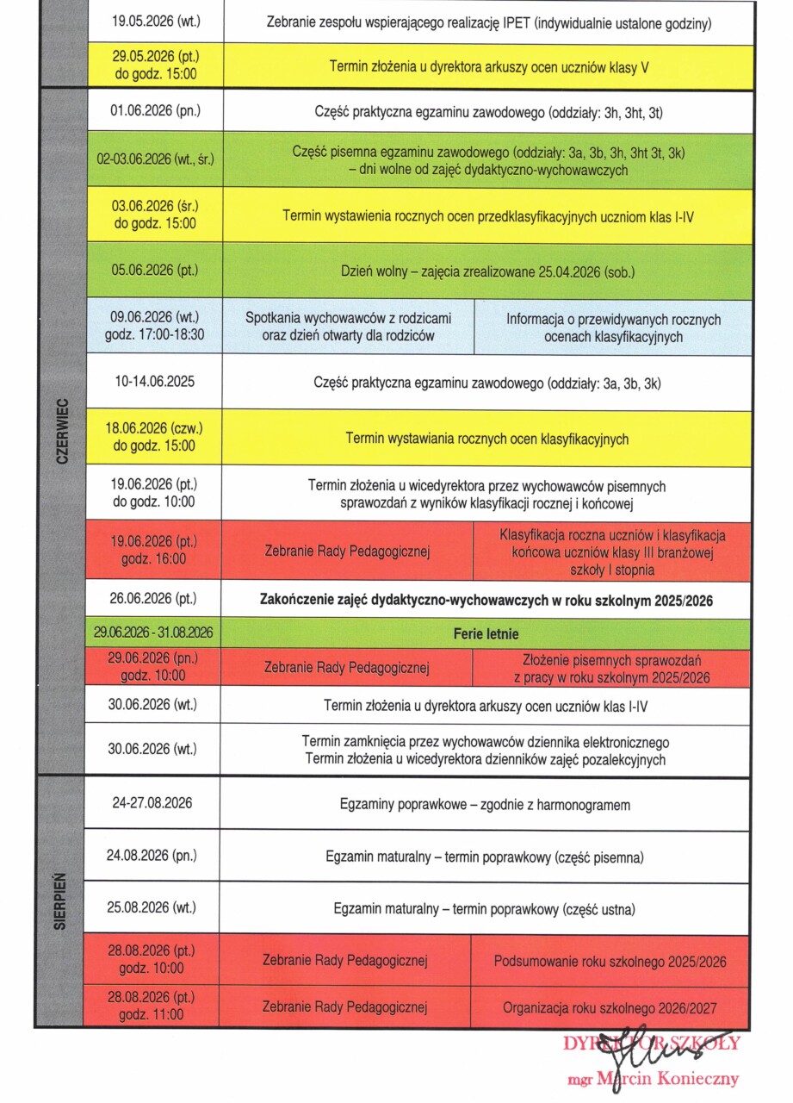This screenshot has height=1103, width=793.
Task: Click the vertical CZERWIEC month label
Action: coord(61,431)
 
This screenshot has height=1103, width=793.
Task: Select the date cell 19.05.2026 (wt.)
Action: coord(155,21)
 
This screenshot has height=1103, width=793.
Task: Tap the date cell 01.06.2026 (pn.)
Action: coord(154,111)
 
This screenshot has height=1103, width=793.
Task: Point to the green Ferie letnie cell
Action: coord(486,634)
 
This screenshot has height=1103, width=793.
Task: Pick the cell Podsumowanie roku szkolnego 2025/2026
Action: coord(610,961)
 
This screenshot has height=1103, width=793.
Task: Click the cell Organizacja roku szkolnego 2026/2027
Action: coord(610,1007)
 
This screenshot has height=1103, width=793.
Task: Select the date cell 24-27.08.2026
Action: coord(152,803)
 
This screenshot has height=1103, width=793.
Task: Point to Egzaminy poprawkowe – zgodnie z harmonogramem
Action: coord(485,805)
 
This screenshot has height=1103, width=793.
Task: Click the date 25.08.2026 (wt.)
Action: coord(153,907)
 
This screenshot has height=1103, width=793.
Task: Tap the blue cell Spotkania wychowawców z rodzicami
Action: coord(348,327)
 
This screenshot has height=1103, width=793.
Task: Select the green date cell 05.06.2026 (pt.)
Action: coord(155,270)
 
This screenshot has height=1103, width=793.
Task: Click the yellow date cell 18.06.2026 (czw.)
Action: coord(155,438)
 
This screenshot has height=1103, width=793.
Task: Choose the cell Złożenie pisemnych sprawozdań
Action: coord(611,669)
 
